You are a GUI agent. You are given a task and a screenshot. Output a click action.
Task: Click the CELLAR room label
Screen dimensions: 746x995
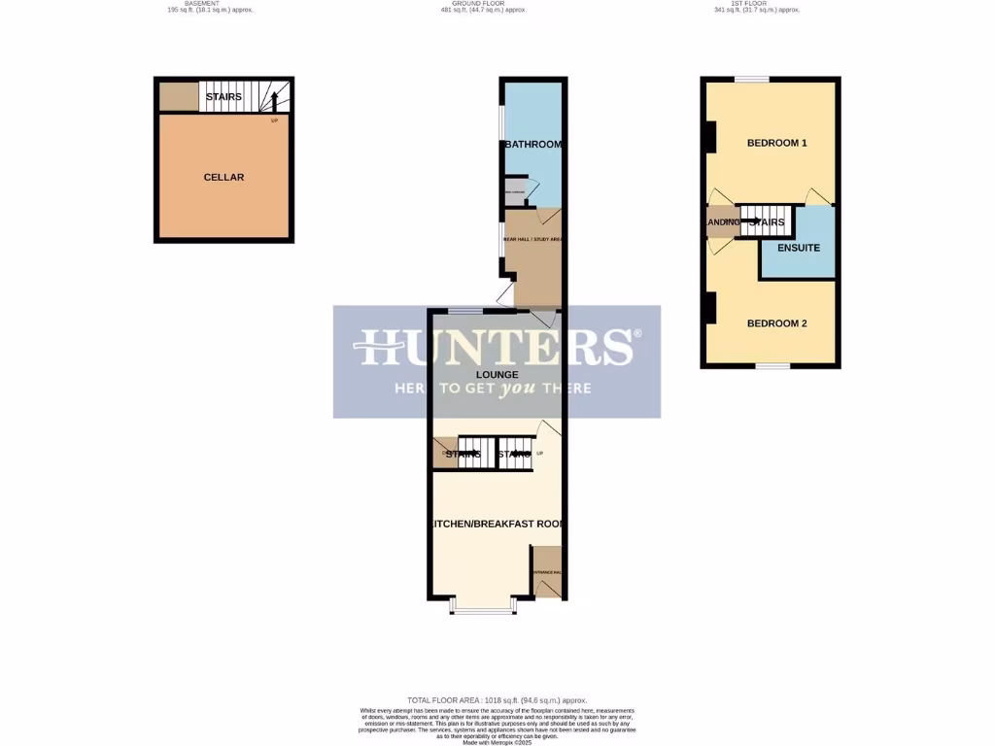pos(223,178)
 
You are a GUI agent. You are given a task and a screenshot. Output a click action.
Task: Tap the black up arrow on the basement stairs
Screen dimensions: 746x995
pos(274,99)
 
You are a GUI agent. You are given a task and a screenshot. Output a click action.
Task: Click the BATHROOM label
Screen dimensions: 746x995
pos(533,145)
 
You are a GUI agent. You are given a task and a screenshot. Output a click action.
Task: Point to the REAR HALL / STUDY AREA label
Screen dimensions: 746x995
pos(532,238)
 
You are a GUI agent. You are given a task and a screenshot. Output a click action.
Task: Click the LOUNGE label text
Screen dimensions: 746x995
pos(497,374)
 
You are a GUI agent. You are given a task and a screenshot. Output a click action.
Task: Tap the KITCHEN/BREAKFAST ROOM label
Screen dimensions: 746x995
pos(497,525)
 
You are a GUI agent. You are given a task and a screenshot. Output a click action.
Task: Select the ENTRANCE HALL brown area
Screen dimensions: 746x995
pos(547,572)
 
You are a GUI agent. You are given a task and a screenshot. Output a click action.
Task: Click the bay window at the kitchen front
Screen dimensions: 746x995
pos(484,610)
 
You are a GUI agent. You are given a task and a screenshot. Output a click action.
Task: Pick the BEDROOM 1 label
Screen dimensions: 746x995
pos(776,144)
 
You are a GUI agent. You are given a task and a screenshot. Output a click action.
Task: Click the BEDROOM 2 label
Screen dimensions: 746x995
pos(776,323)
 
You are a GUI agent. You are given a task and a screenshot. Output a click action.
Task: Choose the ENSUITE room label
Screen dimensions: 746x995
pos(798,248)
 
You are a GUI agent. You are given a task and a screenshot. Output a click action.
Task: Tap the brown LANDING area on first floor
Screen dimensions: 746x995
pos(721,222)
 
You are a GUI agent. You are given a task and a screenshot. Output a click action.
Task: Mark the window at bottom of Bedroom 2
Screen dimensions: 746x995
pos(772,365)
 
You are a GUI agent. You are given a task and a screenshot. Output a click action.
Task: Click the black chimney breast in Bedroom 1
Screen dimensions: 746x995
pos(709,136)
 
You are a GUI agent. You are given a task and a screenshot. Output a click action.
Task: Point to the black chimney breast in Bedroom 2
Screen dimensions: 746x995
pos(709,309)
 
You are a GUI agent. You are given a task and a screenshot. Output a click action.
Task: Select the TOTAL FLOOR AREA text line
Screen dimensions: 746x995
pos(497,700)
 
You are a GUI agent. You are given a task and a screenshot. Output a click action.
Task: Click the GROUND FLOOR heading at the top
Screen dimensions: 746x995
pos(497,4)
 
